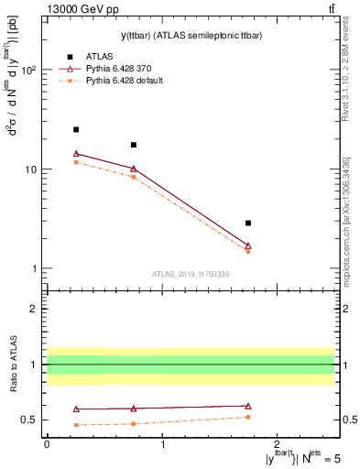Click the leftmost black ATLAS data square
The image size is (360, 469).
pyautogui.click(x=76, y=130)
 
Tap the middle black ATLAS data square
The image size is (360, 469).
pyautogui.click(x=134, y=145)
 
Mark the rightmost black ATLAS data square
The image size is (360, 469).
pyautogui.click(x=248, y=223)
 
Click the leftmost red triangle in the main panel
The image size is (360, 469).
pyautogui.click(x=76, y=154)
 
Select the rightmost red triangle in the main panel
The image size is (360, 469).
pyautogui.click(x=248, y=245)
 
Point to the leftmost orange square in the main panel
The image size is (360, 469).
pyautogui.click(x=76, y=162)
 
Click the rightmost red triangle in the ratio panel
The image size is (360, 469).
pyautogui.click(x=248, y=406)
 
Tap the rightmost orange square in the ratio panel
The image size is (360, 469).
pyautogui.click(x=248, y=417)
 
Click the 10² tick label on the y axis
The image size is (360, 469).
pyautogui.click(x=28, y=71)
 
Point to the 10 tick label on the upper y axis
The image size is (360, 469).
pyautogui.click(x=31, y=169)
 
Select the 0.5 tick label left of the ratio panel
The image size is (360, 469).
pyautogui.click(x=30, y=420)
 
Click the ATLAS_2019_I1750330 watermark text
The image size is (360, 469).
pyautogui.click(x=191, y=274)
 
